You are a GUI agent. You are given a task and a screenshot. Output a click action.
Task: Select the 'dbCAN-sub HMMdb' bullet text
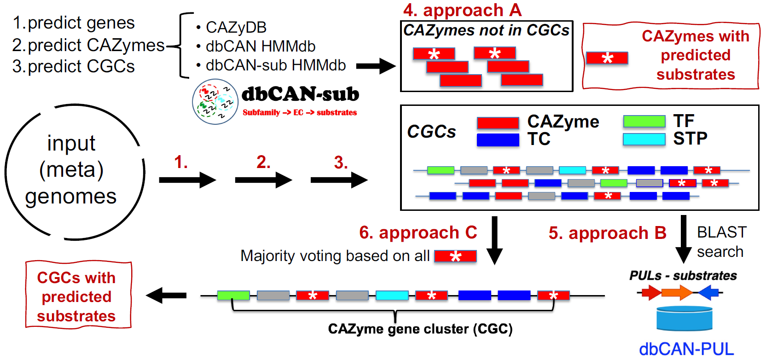(x=275, y=65)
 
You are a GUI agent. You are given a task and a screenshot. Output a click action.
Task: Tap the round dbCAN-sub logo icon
(x=215, y=102)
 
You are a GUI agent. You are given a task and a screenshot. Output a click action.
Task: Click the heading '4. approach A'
(x=462, y=10)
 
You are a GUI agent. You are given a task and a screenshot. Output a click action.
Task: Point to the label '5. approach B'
(x=607, y=233)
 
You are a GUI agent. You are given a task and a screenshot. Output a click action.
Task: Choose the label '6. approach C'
(x=418, y=233)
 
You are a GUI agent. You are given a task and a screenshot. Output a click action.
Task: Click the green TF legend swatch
(x=644, y=121)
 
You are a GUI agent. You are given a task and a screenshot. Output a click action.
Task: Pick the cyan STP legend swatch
(x=644, y=139)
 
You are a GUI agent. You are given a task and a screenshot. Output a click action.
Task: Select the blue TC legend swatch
(x=498, y=139)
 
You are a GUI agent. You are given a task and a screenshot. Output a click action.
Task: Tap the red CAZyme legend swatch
(x=498, y=123)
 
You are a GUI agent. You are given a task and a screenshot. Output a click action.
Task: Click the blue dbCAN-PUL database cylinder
(x=684, y=319)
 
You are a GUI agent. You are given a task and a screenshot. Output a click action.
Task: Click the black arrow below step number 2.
(x=263, y=180)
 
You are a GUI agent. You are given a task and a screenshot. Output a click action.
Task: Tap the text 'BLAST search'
(x=721, y=242)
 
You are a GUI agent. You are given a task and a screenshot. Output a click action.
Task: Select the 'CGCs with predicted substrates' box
(x=78, y=296)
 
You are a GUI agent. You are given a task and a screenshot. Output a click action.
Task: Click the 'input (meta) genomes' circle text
(x=71, y=170)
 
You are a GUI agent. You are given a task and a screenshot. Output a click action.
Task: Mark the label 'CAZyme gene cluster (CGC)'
(x=420, y=329)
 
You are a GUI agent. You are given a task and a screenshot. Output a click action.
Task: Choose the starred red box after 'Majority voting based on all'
(x=455, y=256)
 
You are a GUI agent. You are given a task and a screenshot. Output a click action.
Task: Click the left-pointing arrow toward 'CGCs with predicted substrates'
(x=166, y=296)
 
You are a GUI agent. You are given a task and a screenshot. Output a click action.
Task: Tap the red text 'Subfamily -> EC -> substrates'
(x=300, y=112)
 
